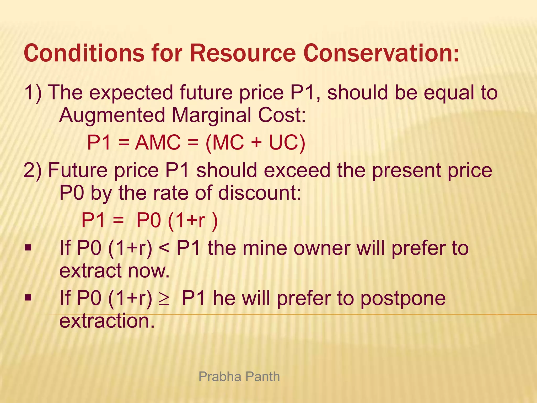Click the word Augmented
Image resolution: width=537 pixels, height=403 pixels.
[x=112, y=115]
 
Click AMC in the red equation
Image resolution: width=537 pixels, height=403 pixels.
[x=158, y=142]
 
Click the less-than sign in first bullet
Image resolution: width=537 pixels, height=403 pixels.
[x=164, y=248]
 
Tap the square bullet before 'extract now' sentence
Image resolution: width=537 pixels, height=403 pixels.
[x=28, y=248]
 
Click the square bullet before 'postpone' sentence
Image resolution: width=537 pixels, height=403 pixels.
[x=28, y=298]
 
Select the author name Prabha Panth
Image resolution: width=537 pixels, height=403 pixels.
[x=239, y=377]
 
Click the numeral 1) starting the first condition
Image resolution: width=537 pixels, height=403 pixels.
[x=33, y=93]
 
